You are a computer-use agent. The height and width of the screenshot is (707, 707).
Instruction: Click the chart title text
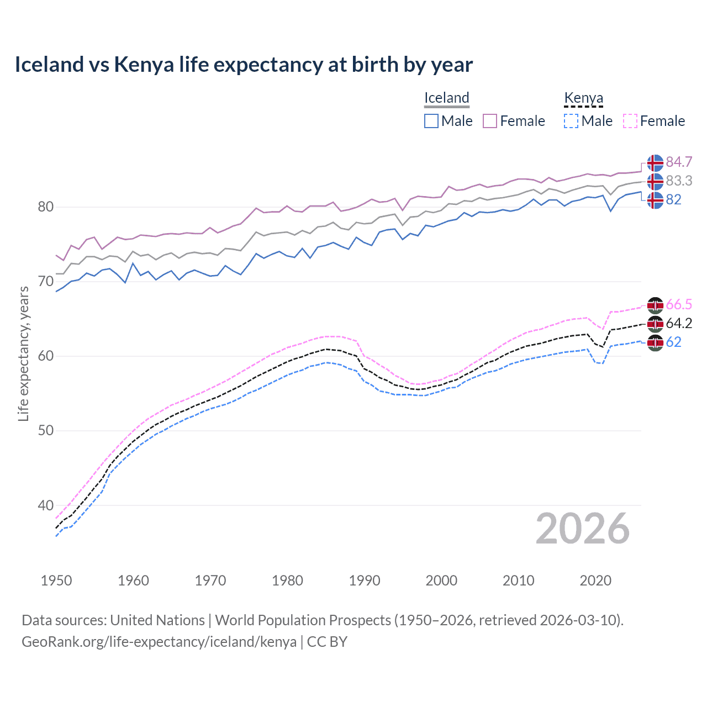click(244, 65)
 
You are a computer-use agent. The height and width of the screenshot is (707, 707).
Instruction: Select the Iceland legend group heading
click(446, 98)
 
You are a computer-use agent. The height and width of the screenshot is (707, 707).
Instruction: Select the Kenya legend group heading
click(583, 98)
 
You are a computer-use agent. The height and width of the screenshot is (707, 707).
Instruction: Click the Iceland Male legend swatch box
click(431, 121)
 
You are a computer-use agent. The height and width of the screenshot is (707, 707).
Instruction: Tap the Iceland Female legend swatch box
click(490, 121)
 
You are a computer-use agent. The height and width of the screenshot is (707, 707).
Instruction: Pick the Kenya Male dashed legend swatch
click(571, 121)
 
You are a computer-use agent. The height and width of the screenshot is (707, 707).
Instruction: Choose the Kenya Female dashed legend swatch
click(630, 121)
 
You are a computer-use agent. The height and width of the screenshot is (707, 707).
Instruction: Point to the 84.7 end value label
click(679, 162)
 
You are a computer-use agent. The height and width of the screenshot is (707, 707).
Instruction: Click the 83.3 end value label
click(679, 181)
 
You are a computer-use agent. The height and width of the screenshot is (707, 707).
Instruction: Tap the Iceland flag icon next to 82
click(655, 200)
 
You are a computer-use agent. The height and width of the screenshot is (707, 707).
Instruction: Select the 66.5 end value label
click(679, 304)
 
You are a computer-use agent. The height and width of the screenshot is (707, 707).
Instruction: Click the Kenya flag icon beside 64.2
click(655, 324)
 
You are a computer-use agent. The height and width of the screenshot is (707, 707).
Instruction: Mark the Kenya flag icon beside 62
click(655, 342)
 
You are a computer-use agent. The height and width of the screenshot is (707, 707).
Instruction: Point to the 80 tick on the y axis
click(46, 207)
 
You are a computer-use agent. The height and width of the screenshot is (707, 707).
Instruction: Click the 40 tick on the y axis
click(46, 505)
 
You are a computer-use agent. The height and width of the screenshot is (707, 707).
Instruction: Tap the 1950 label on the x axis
click(56, 581)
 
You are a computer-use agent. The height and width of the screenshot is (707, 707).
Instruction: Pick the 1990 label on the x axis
click(365, 581)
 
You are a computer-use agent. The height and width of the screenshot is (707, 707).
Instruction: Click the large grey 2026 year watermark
click(582, 529)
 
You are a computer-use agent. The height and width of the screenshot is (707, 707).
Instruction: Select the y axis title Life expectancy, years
click(23, 354)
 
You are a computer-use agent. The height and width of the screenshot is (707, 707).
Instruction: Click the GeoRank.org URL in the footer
click(159, 642)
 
